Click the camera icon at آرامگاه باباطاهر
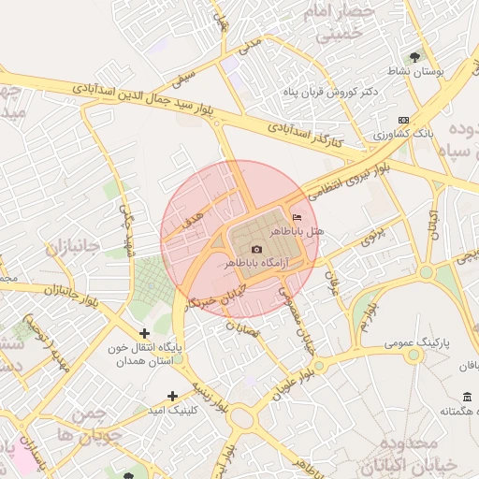[257, 250]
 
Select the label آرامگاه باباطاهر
[257, 265]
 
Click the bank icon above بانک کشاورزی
[403, 120]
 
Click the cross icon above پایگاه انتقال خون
[144, 332]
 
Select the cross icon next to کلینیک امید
[171, 396]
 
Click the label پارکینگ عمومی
[416, 343]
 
